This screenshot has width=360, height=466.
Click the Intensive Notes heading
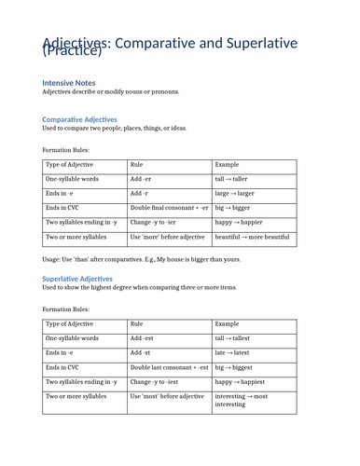click(68, 82)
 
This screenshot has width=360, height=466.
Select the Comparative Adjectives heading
click(79, 119)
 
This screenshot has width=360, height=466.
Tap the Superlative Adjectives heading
click(77, 279)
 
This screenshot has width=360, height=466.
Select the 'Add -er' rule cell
click(141, 178)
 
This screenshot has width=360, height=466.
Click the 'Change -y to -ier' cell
click(156, 223)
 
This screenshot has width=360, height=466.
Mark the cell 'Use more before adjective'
click(167, 238)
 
